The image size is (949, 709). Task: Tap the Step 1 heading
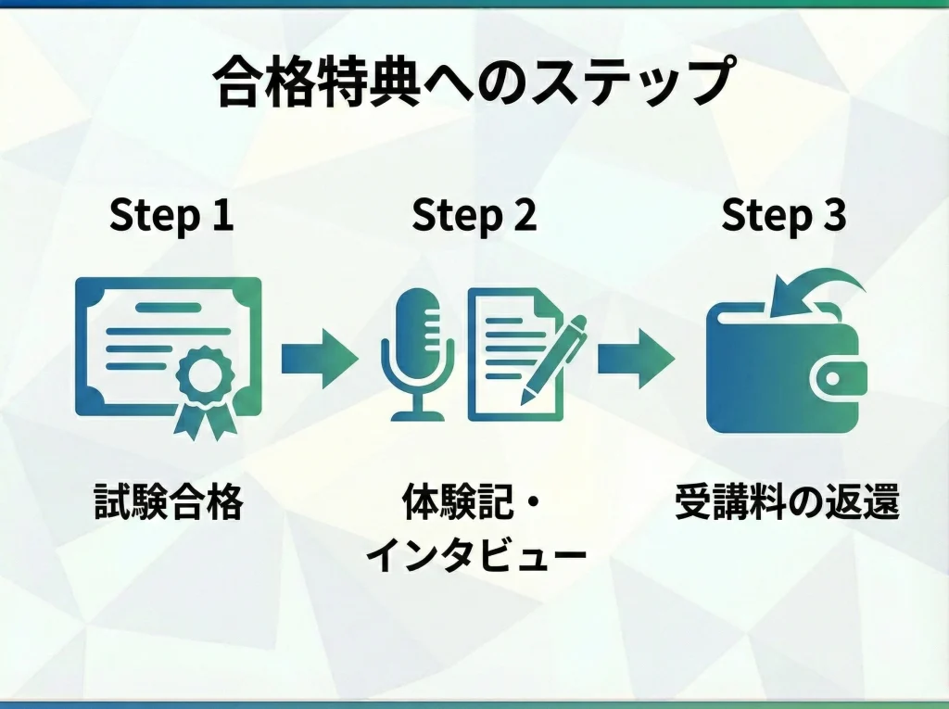pos(171,216)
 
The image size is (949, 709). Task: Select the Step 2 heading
pos(474,216)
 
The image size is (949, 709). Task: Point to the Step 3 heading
pos(783,216)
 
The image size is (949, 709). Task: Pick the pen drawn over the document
pos(556,357)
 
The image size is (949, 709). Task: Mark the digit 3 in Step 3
pos(833,216)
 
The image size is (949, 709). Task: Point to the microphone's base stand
pos(417,412)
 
